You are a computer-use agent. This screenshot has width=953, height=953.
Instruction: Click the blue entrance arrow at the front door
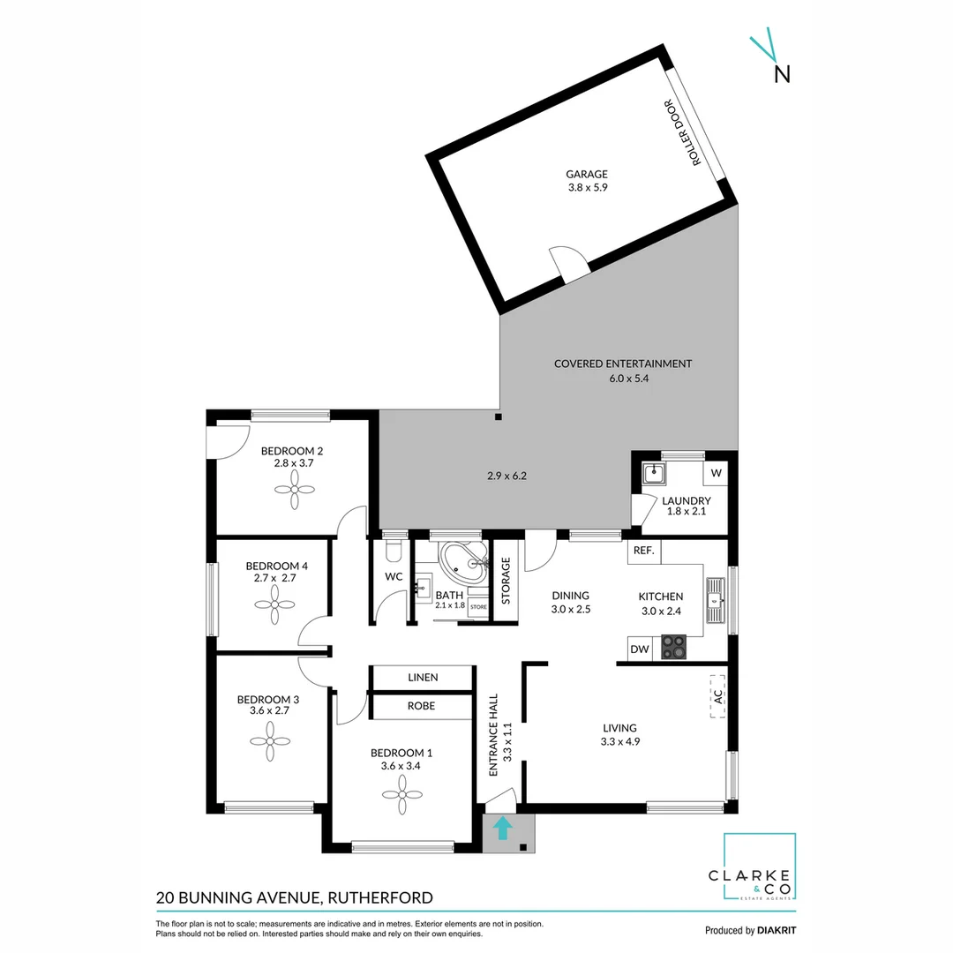pos(502,828)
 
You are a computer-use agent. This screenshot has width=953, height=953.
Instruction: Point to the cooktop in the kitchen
pos(674,646)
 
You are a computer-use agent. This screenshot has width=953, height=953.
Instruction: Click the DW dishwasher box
pos(640,649)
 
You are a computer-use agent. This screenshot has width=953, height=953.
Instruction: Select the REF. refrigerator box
pos(643,552)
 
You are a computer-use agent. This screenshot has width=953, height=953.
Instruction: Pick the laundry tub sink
pos(654,474)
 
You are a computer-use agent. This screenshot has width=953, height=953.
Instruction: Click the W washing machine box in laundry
pos(716,473)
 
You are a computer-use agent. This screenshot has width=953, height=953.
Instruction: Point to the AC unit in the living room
pos(718,694)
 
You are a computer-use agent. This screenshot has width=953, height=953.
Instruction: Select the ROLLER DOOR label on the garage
pos(696,133)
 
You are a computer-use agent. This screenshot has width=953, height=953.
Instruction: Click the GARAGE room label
pos(587,174)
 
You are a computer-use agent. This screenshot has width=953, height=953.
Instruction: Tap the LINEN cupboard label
pos(420,678)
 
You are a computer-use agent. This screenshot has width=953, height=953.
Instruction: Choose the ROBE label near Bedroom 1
pos(420,706)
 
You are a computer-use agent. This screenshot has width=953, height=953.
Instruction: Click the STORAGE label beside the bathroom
pos(507,580)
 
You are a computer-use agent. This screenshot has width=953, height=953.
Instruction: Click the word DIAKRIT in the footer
pos(778,930)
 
